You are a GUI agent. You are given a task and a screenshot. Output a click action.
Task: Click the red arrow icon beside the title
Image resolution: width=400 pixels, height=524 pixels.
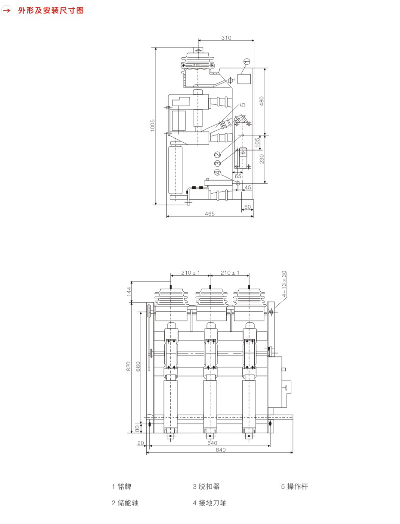(7, 10)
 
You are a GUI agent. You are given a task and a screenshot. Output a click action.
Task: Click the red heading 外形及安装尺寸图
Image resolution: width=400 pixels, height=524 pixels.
(51, 10)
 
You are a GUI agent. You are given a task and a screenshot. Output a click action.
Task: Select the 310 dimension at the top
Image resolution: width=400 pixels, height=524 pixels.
(226, 38)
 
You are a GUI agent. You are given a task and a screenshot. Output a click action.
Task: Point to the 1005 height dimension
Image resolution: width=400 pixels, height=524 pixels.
(153, 125)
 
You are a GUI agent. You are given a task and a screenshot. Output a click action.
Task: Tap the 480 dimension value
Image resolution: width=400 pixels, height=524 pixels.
(262, 101)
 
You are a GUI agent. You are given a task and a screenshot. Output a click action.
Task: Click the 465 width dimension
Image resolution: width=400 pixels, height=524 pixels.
(210, 214)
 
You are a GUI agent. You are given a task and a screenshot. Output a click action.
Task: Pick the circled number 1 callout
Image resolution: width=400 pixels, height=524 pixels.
(247, 62)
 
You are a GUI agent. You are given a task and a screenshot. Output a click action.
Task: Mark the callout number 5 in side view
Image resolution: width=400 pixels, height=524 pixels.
(242, 105)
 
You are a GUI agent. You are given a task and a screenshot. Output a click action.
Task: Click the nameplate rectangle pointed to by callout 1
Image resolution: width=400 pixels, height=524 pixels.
(244, 79)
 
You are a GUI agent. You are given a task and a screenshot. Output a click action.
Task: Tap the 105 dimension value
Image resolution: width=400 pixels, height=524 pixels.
(257, 143)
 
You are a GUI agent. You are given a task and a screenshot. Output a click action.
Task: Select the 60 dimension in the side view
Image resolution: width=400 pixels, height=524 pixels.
(248, 207)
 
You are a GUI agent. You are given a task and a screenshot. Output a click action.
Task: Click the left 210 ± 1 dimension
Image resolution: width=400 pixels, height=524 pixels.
(190, 273)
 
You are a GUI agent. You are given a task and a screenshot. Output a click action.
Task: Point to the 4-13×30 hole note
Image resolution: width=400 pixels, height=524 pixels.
(284, 284)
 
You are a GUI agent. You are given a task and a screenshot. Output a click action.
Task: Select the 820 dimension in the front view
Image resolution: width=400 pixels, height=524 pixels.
(128, 366)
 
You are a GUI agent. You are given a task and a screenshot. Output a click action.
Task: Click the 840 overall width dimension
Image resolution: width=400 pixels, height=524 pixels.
(221, 450)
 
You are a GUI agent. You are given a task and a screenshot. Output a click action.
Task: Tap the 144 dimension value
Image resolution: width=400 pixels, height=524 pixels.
(129, 292)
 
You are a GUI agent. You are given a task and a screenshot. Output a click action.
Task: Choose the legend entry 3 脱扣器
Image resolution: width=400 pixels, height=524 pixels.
(206, 487)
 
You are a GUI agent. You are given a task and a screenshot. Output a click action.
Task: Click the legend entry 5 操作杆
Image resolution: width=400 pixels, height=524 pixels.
(295, 487)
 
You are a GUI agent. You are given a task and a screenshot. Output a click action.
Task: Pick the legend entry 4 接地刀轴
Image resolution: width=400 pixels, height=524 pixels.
(210, 503)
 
